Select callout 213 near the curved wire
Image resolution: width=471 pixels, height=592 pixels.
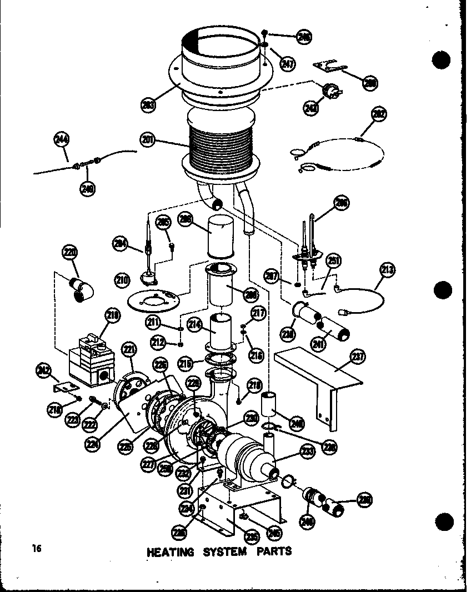click(387, 271)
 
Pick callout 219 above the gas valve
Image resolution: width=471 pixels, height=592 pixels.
click(113, 317)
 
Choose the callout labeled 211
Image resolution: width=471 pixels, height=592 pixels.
click(153, 322)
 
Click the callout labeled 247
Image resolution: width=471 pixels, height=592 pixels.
click(287, 63)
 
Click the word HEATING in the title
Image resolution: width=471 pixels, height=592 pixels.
click(171, 552)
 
